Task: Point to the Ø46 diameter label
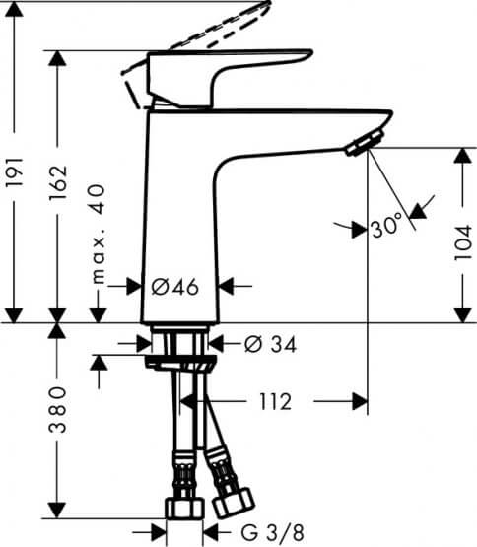coord(177,286)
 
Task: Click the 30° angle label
coord(387,228)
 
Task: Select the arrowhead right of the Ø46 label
coord(226,286)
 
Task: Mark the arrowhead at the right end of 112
coord(359,401)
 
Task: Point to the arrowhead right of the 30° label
coord(418,210)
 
